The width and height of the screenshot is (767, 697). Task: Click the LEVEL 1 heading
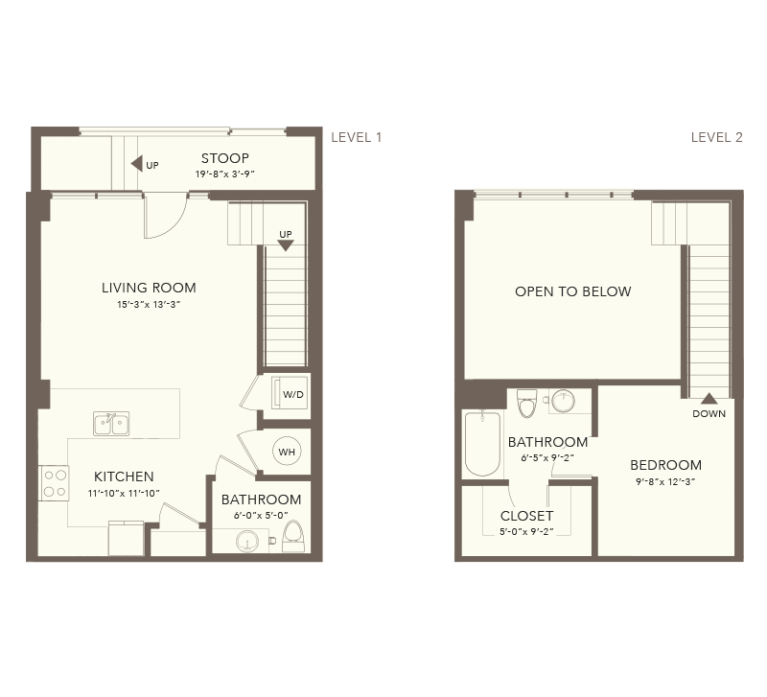pyautogui.click(x=356, y=137)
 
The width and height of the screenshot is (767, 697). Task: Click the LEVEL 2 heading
pyautogui.click(x=716, y=137)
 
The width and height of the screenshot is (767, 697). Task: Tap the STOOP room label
pyautogui.click(x=225, y=158)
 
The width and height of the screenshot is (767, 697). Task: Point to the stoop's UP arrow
pyautogui.click(x=136, y=164)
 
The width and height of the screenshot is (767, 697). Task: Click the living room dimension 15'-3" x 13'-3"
pyautogui.click(x=149, y=304)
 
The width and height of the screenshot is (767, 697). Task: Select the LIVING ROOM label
pyautogui.click(x=149, y=288)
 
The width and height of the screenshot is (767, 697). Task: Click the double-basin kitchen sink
pyautogui.click(x=111, y=424)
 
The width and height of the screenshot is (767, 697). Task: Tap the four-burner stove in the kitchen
pyautogui.click(x=55, y=483)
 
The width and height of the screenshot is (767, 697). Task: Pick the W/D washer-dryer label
pyautogui.click(x=293, y=394)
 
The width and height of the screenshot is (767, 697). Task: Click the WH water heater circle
pyautogui.click(x=287, y=452)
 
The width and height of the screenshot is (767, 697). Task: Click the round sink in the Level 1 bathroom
pyautogui.click(x=248, y=542)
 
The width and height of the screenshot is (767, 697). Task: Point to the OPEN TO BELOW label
pyautogui.click(x=572, y=291)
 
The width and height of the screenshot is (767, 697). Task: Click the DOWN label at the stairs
pyautogui.click(x=709, y=414)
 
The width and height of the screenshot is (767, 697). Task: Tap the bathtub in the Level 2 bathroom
pyautogui.click(x=482, y=444)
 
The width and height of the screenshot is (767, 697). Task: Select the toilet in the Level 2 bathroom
pyautogui.click(x=527, y=403)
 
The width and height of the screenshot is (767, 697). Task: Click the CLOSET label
pyautogui.click(x=526, y=516)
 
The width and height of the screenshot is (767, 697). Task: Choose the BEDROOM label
pyautogui.click(x=665, y=465)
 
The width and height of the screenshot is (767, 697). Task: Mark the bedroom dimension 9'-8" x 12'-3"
pyautogui.click(x=665, y=482)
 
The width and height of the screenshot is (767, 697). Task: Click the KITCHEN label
pyautogui.click(x=124, y=476)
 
